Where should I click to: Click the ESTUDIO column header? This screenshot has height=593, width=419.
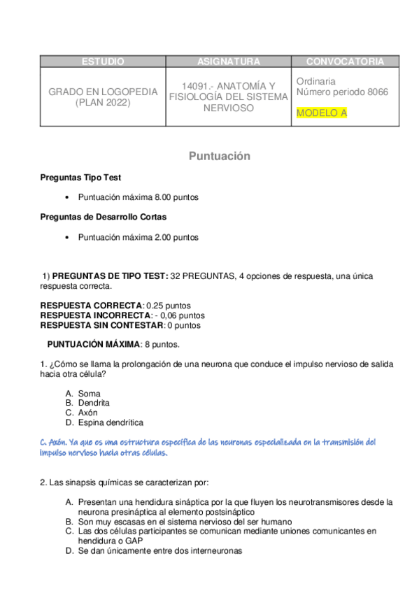click(103, 62)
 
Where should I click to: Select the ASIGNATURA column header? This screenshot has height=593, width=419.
click(229, 62)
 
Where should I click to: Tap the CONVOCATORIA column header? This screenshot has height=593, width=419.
click(345, 62)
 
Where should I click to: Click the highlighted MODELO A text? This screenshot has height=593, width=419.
click(321, 113)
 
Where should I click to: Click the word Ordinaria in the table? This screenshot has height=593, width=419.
click(315, 81)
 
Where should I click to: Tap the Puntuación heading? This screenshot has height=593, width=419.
click(219, 157)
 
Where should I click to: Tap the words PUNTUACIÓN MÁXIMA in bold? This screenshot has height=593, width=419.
click(93, 344)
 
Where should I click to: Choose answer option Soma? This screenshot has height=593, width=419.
click(89, 394)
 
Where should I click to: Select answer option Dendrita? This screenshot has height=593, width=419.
click(94, 403)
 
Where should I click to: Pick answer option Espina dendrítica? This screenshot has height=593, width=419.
click(110, 423)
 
